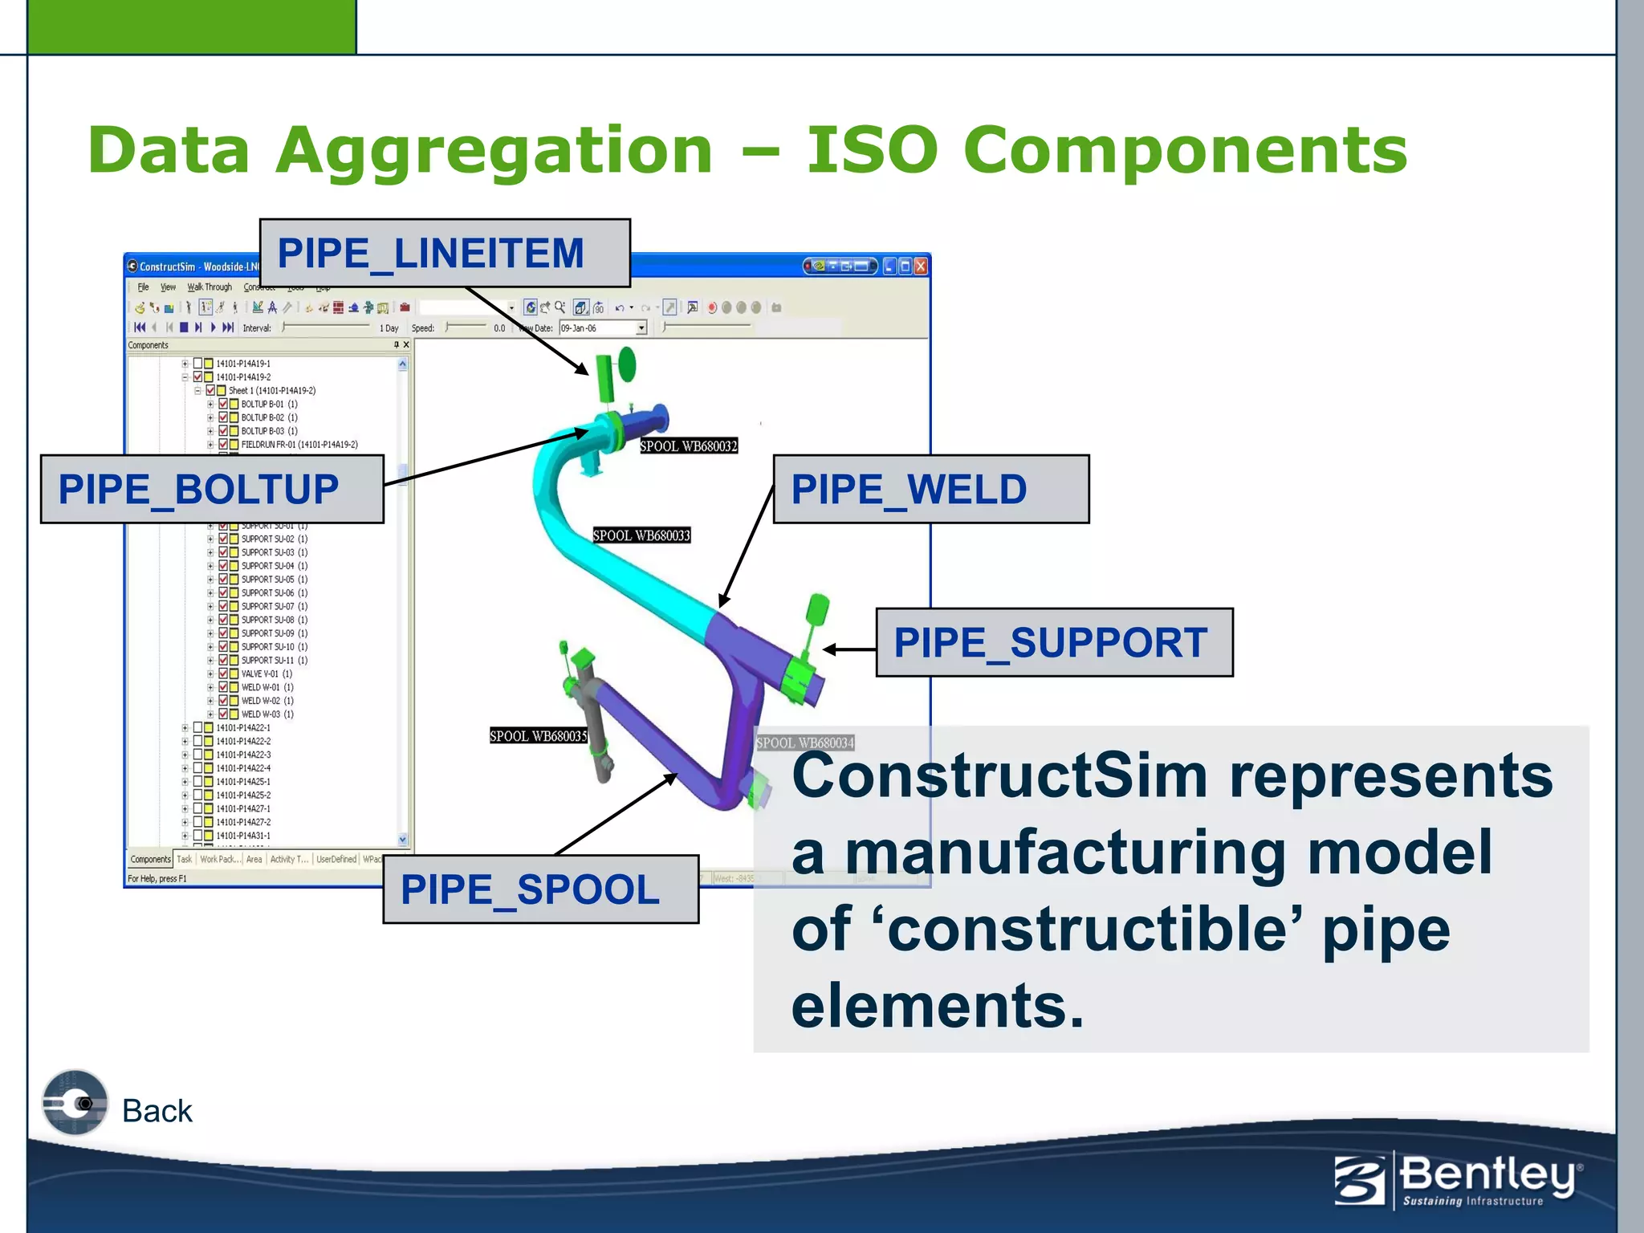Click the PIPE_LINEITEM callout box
(x=445, y=254)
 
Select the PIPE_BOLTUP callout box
(x=212, y=490)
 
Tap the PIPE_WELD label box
(x=930, y=490)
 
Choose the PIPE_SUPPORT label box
(x=1053, y=643)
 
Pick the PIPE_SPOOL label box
(x=540, y=889)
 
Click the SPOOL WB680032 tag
(x=688, y=446)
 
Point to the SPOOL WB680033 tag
(x=641, y=535)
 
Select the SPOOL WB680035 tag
(x=539, y=736)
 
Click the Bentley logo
(x=1458, y=1180)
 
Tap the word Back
(x=157, y=1111)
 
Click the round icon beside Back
(x=75, y=1103)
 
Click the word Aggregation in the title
(x=494, y=151)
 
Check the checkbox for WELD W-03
(x=223, y=714)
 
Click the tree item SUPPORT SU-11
(x=273, y=661)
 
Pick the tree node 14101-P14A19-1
(x=242, y=364)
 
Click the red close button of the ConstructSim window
(x=921, y=267)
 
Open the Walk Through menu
(x=210, y=287)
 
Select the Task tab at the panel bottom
(x=184, y=859)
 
